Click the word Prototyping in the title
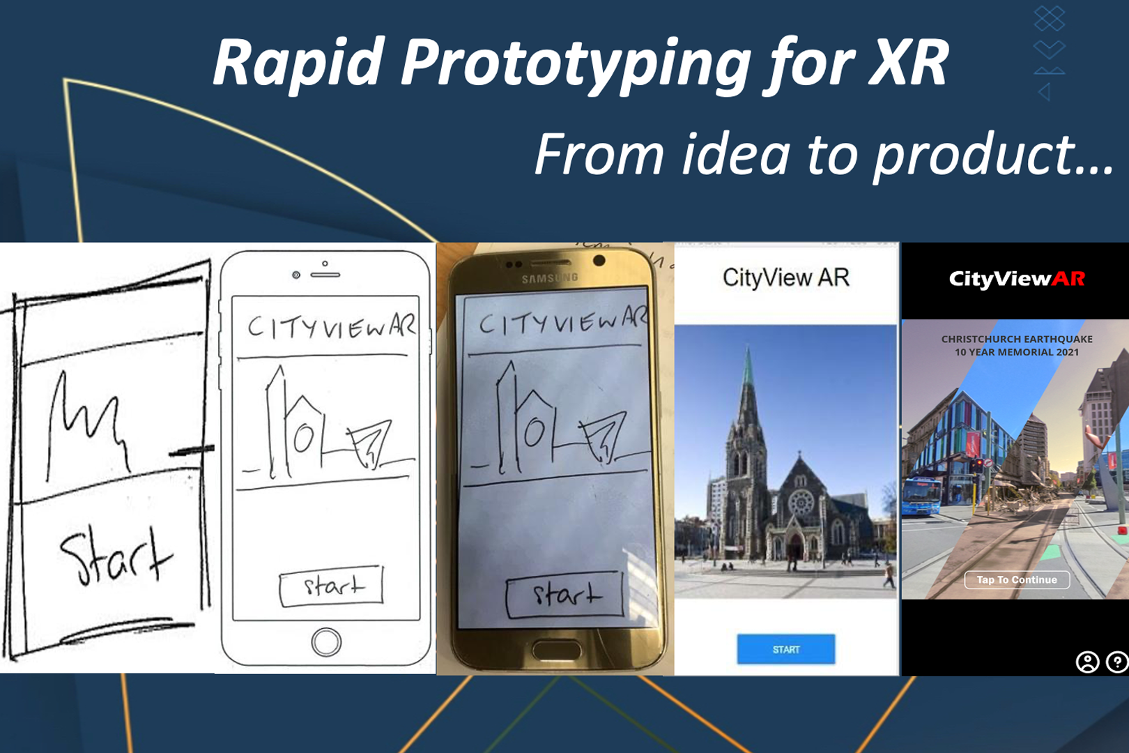tap(574, 65)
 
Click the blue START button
tap(785, 649)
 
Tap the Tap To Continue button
tap(1017, 579)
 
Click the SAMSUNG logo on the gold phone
tap(549, 278)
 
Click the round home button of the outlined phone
tap(326, 642)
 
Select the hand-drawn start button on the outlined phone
tap(331, 585)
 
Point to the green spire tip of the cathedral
tap(748, 348)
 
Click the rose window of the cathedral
tap(800, 502)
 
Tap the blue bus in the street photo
tap(921, 497)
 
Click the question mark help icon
tap(1117, 662)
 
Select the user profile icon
tap(1087, 662)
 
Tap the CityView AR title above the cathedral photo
tap(785, 277)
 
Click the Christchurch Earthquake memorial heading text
tap(1017, 346)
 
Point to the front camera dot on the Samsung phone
tap(599, 260)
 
